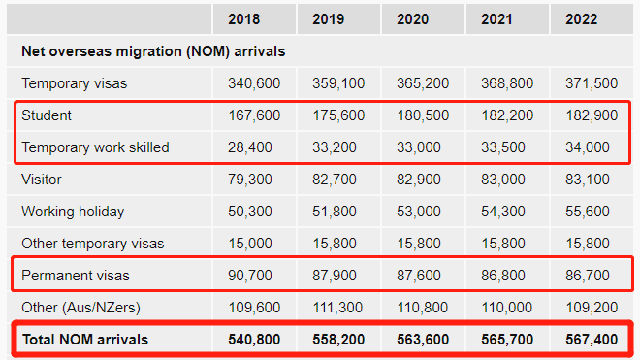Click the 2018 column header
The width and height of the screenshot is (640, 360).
click(243, 19)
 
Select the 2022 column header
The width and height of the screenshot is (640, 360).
click(581, 19)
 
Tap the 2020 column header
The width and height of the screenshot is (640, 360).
click(413, 19)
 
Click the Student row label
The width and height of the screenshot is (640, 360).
click(47, 115)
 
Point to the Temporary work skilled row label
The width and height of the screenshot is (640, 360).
click(95, 147)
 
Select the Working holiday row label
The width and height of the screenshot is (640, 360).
click(73, 212)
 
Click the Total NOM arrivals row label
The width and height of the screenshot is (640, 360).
click(85, 340)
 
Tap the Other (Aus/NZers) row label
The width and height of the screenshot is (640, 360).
click(80, 308)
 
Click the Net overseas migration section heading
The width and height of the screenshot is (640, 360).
click(153, 51)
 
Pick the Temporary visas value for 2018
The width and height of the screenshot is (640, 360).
click(254, 83)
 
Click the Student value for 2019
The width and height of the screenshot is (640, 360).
click(338, 115)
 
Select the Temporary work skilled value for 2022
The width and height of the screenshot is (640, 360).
click(588, 147)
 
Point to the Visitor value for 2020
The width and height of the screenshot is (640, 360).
click(419, 180)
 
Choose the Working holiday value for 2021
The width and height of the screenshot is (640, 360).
click(503, 212)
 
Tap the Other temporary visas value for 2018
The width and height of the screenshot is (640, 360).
click(250, 244)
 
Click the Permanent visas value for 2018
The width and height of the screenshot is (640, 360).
click(250, 276)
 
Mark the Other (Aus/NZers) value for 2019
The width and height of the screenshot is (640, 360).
click(337, 308)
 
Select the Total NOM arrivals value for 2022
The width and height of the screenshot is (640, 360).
click(592, 340)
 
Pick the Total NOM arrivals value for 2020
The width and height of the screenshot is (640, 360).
click(423, 340)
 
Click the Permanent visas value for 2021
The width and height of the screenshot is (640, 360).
click(503, 276)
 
